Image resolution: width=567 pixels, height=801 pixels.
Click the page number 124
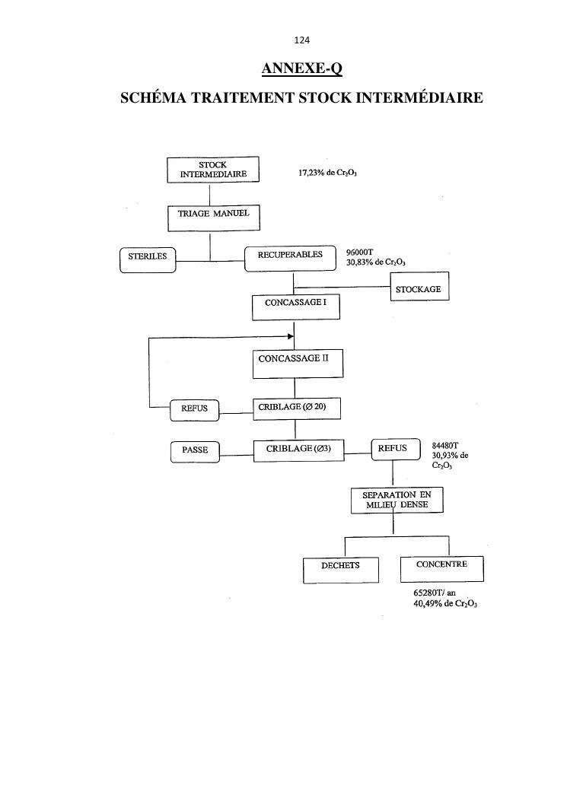pyautogui.click(x=302, y=40)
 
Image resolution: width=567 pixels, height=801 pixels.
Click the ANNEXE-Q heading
pyautogui.click(x=301, y=69)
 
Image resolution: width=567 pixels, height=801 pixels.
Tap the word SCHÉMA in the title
pyautogui.click(x=155, y=98)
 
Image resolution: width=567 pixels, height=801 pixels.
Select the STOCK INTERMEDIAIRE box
pyautogui.click(x=213, y=169)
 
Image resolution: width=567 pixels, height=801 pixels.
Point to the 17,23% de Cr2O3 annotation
pyautogui.click(x=327, y=173)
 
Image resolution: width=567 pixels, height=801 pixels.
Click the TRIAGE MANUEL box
pyautogui.click(x=213, y=218)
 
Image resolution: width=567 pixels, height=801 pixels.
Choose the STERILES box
pyautogui.click(x=148, y=259)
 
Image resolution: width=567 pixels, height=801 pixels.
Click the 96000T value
pyautogui.click(x=359, y=252)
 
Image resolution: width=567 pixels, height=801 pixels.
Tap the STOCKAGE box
pyautogui.click(x=419, y=290)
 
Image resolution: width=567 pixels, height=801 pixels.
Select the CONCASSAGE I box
pyautogui.click(x=295, y=307)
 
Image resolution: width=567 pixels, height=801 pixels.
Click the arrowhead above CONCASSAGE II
pyautogui.click(x=291, y=336)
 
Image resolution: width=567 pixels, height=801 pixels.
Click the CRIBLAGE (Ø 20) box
pyautogui.click(x=296, y=408)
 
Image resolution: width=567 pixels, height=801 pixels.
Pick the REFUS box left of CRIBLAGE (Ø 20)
pyautogui.click(x=195, y=410)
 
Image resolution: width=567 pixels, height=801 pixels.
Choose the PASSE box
pyautogui.click(x=195, y=451)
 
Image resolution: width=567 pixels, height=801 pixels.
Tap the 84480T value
pyautogui.click(x=445, y=446)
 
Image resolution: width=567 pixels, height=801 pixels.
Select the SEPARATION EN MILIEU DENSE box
pyautogui.click(x=397, y=500)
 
